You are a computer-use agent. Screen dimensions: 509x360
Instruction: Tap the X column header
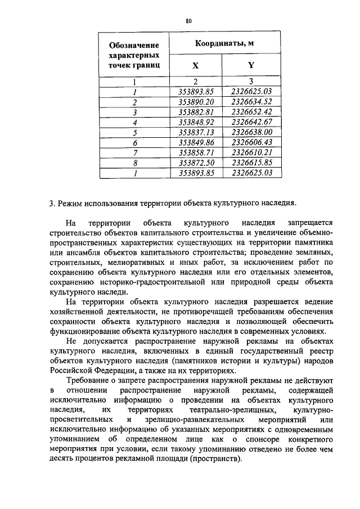point(195,65)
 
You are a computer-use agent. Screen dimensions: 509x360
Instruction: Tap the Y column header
point(251,65)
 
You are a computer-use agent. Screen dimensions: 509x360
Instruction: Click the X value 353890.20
point(196,101)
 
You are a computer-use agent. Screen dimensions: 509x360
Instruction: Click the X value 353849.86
point(196,142)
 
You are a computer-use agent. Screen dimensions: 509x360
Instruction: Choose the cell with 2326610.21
point(251,152)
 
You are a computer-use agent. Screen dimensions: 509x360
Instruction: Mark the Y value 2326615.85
point(251,163)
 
